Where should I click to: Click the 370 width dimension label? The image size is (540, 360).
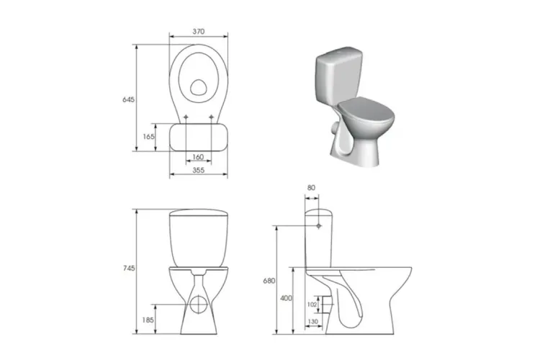pyautogui.click(x=199, y=32)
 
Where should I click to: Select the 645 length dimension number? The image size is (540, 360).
pyautogui.click(x=128, y=99)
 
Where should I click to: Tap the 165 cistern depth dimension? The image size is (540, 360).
pyautogui.click(x=148, y=136)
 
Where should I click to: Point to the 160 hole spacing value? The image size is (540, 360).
pyautogui.click(x=198, y=157)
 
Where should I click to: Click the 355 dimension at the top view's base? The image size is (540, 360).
pyautogui.click(x=199, y=170)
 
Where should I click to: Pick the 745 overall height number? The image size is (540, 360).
pyautogui.click(x=129, y=268)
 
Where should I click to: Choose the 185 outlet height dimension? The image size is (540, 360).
pyautogui.click(x=148, y=320)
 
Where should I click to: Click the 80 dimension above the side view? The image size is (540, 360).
pyautogui.click(x=311, y=188)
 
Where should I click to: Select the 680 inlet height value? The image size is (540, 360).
pyautogui.click(x=269, y=281)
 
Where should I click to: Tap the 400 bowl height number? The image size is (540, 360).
pyautogui.click(x=286, y=298)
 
